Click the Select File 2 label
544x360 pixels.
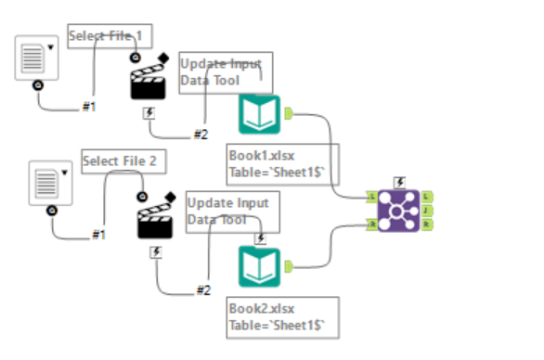[119, 161]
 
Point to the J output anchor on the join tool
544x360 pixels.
[426, 211]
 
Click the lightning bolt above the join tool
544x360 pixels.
[399, 182]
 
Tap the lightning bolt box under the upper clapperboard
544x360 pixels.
[149, 112]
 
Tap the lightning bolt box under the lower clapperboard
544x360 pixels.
[156, 251]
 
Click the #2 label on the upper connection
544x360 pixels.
[201, 135]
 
